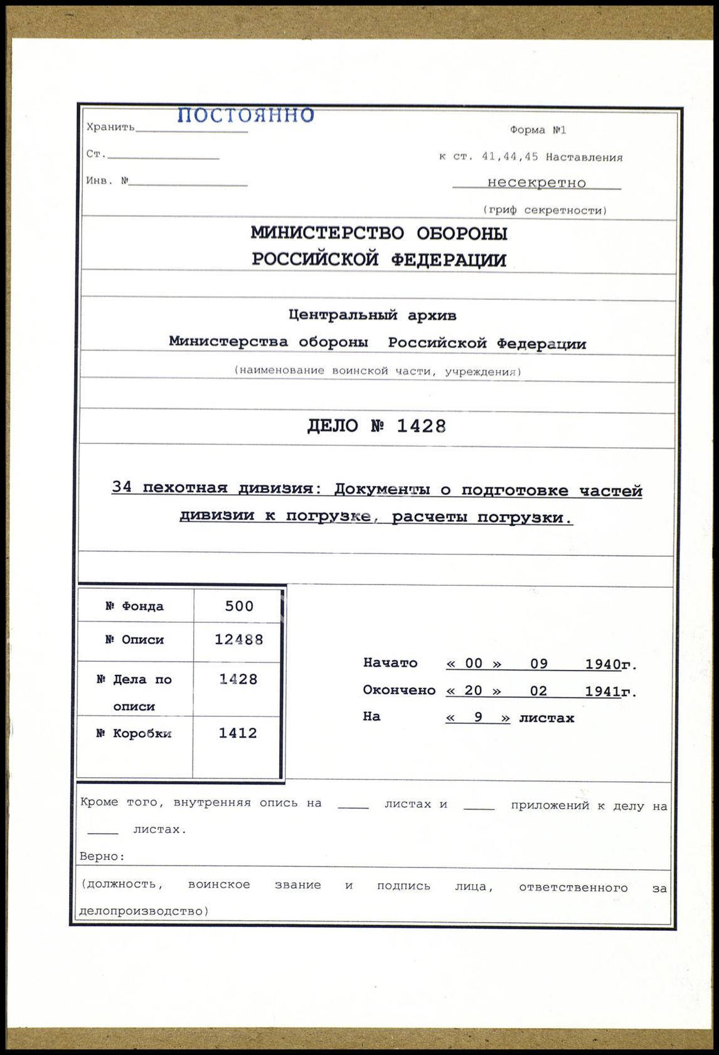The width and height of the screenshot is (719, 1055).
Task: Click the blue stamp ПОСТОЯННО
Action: (x=245, y=115)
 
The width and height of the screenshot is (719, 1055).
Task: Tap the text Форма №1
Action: (x=538, y=130)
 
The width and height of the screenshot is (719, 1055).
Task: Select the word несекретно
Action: (x=536, y=183)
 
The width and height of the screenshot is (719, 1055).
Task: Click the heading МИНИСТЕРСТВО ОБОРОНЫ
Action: (x=379, y=233)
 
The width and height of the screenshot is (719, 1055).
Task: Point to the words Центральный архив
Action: (x=372, y=315)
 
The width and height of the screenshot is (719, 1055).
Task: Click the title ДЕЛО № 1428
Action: (x=376, y=426)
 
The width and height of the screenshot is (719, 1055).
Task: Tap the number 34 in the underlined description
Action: (x=122, y=487)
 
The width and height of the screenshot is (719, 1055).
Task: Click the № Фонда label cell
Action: (x=134, y=606)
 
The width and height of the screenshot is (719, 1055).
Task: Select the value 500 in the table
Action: (x=239, y=606)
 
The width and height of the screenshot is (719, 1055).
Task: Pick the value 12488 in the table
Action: (x=238, y=640)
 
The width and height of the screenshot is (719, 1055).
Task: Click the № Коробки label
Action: (x=134, y=733)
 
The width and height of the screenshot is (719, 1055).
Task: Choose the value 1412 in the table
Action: (x=238, y=733)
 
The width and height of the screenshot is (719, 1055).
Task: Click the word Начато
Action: (x=390, y=663)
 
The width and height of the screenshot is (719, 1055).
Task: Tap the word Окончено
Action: (x=399, y=690)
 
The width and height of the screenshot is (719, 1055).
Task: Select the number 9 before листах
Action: (x=478, y=717)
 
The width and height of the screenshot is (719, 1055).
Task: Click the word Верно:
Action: (x=102, y=856)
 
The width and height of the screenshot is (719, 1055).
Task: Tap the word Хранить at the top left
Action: (x=110, y=127)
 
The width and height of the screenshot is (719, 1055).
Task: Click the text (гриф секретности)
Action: (x=545, y=210)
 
